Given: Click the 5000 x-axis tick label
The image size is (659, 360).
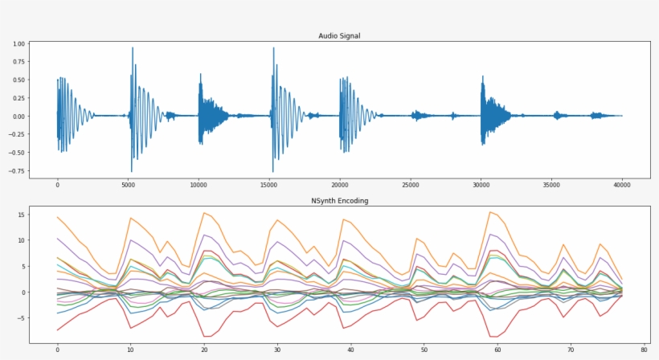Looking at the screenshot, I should (x=128, y=184).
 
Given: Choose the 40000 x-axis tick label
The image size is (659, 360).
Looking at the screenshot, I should (x=621, y=184).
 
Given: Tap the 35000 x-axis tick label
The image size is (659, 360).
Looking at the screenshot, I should (x=551, y=184).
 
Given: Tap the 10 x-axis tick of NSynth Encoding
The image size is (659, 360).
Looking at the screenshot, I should (x=130, y=350).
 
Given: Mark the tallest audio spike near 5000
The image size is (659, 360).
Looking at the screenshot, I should (x=132, y=48).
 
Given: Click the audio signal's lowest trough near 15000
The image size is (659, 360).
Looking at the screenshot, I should (x=272, y=171).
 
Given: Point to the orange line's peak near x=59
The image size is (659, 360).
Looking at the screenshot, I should (x=490, y=212).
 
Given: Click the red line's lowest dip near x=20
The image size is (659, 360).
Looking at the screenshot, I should (x=206, y=336).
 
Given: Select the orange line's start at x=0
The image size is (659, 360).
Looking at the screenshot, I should (x=58, y=217).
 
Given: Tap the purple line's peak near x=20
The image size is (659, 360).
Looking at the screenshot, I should (x=204, y=235).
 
